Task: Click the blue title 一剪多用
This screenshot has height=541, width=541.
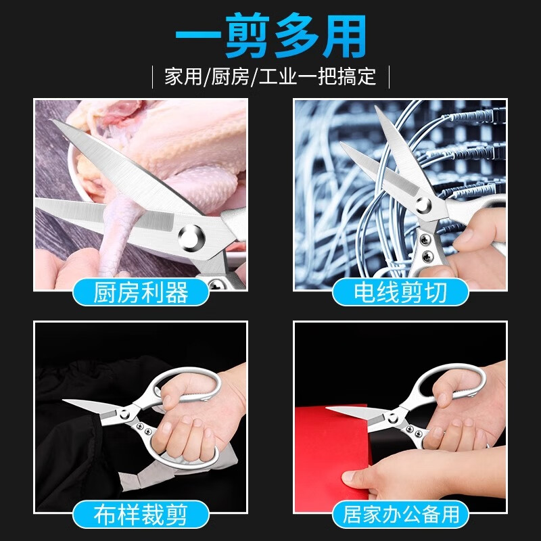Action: (x=270, y=37)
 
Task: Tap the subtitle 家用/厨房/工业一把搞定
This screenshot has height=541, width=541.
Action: (x=270, y=75)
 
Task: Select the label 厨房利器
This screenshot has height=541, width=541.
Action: (x=140, y=292)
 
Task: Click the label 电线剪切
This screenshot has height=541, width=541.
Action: (x=400, y=292)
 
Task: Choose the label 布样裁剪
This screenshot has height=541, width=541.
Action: (x=140, y=514)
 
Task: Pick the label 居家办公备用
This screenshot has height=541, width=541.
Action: (x=400, y=514)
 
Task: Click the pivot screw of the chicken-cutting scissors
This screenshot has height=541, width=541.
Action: (x=190, y=237)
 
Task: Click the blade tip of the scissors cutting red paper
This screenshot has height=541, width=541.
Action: (x=328, y=408)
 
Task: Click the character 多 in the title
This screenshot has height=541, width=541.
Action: (x=300, y=37)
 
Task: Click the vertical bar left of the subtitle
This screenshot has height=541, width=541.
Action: (x=153, y=75)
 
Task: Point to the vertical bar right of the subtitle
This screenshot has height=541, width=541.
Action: (x=389, y=75)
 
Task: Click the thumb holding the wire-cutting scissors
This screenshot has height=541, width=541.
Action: (x=467, y=237)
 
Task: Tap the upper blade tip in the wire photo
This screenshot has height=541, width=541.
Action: (x=376, y=108)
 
